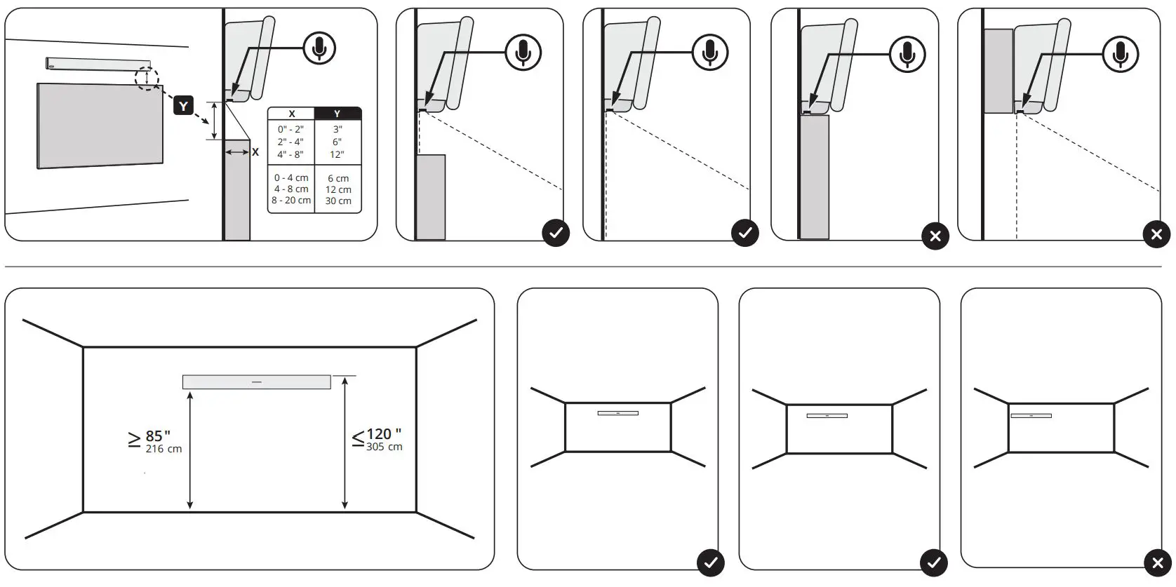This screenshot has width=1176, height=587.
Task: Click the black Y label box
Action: coord(183,106)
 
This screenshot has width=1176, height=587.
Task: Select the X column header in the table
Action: coord(291,114)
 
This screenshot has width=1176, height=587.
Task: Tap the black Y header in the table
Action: coord(338,114)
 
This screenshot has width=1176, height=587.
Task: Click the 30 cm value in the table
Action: coord(338,201)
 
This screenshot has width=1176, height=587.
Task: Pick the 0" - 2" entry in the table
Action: coord(290,129)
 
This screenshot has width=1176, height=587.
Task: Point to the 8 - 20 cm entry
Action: coord(291,200)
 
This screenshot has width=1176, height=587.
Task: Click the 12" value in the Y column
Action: coord(338,154)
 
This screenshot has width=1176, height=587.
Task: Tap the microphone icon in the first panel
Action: coord(319,48)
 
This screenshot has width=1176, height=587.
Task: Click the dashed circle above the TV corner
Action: coord(147,77)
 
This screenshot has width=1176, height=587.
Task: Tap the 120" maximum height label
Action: coord(383,434)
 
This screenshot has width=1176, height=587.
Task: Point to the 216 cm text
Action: coord(163,449)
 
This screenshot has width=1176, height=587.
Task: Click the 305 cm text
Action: coord(384,447)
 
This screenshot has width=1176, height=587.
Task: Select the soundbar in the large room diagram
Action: coord(256,382)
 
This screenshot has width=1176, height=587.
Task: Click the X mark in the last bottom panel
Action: coord(1157,562)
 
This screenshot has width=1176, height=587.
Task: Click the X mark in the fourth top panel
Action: coord(935,236)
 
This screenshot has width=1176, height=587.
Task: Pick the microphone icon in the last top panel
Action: coord(1120,53)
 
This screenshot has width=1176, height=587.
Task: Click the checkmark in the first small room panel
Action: coord(710,562)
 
